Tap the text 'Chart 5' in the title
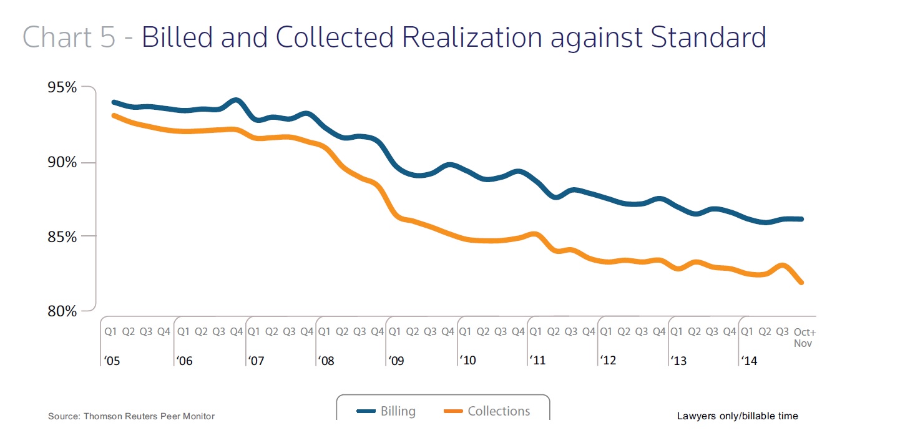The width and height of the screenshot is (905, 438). pyautogui.click(x=69, y=37)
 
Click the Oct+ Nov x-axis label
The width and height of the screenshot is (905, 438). pyautogui.click(x=803, y=338)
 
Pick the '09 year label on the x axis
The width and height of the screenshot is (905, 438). pyautogui.click(x=397, y=361)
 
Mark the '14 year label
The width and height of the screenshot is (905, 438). pyautogui.click(x=749, y=361)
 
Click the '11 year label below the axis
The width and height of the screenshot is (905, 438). pyautogui.click(x=537, y=361)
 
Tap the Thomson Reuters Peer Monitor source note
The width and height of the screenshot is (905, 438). pyautogui.click(x=131, y=416)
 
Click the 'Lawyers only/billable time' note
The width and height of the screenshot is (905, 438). pyautogui.click(x=737, y=416)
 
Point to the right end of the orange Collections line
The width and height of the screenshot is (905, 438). pyautogui.click(x=801, y=283)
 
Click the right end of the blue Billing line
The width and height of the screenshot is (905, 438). pyautogui.click(x=801, y=219)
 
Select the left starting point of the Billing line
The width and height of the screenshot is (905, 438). pyautogui.click(x=114, y=102)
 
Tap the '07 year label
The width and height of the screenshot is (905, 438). pyautogui.click(x=256, y=361)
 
